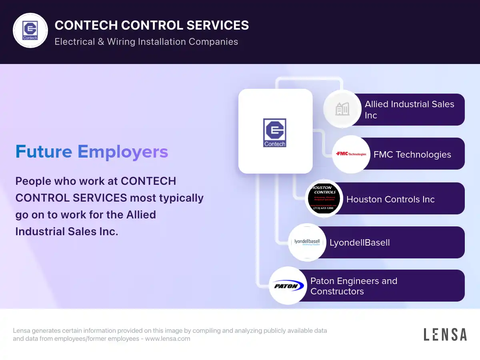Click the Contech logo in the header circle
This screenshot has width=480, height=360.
point(30,30)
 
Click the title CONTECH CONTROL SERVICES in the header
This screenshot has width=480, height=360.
point(152,25)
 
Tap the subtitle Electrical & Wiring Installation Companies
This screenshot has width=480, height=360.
point(146,42)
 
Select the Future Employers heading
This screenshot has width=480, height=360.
point(92,152)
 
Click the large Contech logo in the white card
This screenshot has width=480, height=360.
point(275,132)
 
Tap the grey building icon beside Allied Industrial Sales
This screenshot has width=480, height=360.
point(342,109)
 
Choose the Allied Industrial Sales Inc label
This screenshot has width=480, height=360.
point(409,110)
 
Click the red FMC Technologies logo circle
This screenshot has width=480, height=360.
point(351,154)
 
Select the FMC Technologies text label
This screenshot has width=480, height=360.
point(412,154)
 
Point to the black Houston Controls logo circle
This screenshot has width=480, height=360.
point(324,198)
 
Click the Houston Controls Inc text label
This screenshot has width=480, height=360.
point(390,199)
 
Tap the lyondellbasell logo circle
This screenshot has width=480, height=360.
point(307,242)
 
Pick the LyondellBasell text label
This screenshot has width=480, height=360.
point(360,242)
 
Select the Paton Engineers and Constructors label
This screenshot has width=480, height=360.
point(354,286)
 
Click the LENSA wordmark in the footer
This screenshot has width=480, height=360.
point(445,334)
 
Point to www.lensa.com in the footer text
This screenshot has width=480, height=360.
point(168,338)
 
